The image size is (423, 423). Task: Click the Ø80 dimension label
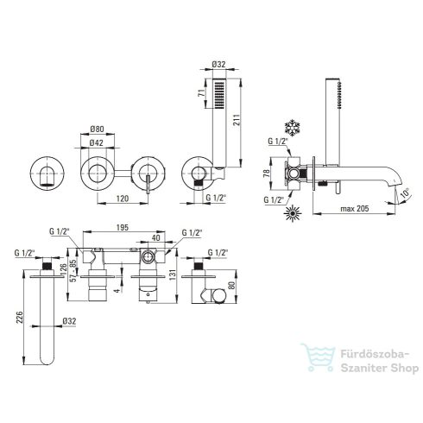tap(97, 129)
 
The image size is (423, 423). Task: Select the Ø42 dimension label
tap(96, 142)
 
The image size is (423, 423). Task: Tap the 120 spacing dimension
tap(123, 199)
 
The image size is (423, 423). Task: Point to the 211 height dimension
tap(236, 119)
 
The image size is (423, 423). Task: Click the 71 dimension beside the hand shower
tap(202, 93)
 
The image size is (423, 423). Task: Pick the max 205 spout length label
tap(355, 208)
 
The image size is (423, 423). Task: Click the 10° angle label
tap(405, 193)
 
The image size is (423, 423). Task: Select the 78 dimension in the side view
tap(267, 174)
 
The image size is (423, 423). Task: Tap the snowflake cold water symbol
tap(292, 127)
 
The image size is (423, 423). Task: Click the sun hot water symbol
tap(292, 213)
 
